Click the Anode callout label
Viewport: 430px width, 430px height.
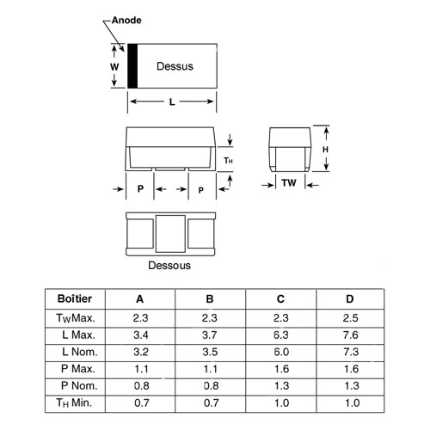coord(126,21)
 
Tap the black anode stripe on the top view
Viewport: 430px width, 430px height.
coord(132,66)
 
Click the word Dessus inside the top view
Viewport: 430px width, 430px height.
coord(175,66)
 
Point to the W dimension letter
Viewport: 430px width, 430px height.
coord(114,67)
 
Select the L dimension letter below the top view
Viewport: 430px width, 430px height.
coord(172,101)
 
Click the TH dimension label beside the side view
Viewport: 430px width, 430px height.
coord(228,161)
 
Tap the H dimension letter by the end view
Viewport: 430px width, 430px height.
coord(325,150)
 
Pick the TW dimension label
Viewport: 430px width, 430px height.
coord(289,182)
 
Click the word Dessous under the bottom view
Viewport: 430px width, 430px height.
coord(169,266)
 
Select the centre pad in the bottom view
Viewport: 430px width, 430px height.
coord(170,234)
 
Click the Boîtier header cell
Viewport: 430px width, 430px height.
coord(75,298)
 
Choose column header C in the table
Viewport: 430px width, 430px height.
coord(280,299)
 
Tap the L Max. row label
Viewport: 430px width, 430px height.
coord(78,335)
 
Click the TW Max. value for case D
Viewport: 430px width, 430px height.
coord(350,318)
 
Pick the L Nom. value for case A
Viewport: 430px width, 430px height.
coord(141,352)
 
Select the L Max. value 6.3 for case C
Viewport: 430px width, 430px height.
coord(281,335)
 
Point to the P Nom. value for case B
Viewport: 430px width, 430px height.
coord(211,386)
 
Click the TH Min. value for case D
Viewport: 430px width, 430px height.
coord(352,403)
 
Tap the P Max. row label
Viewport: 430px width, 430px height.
coord(78,369)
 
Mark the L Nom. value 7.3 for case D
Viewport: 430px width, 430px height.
coord(351,352)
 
